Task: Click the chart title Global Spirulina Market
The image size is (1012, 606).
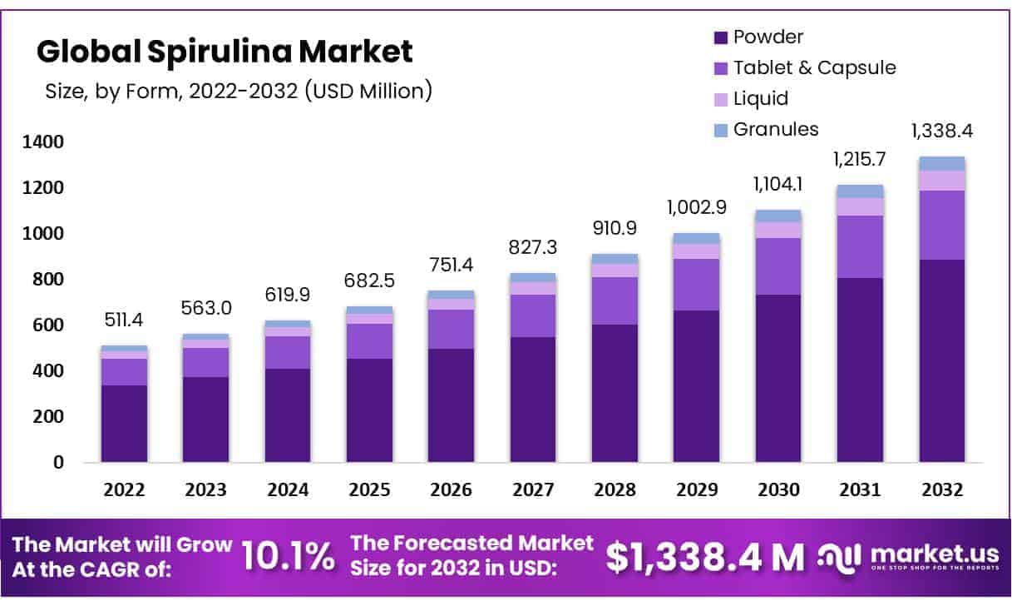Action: [225, 52]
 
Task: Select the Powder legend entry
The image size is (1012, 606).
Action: [768, 37]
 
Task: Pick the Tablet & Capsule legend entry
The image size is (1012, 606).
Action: [814, 67]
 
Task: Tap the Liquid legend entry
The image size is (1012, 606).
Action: [760, 98]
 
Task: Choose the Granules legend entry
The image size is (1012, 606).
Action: [775, 129]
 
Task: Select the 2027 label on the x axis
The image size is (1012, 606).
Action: [533, 490]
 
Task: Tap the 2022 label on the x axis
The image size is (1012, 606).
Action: [124, 490]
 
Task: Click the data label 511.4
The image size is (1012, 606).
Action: [124, 319]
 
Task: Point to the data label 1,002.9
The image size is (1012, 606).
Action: [697, 206]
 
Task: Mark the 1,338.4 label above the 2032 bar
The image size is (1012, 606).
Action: [942, 131]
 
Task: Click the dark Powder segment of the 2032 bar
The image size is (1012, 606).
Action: [942, 360]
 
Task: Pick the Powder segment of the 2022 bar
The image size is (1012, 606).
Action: [124, 423]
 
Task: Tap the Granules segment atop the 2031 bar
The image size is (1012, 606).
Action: [861, 191]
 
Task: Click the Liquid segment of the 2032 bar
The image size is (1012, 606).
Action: [942, 180]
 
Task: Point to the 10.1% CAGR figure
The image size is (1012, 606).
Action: [288, 557]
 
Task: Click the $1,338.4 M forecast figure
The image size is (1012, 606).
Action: [705, 557]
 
